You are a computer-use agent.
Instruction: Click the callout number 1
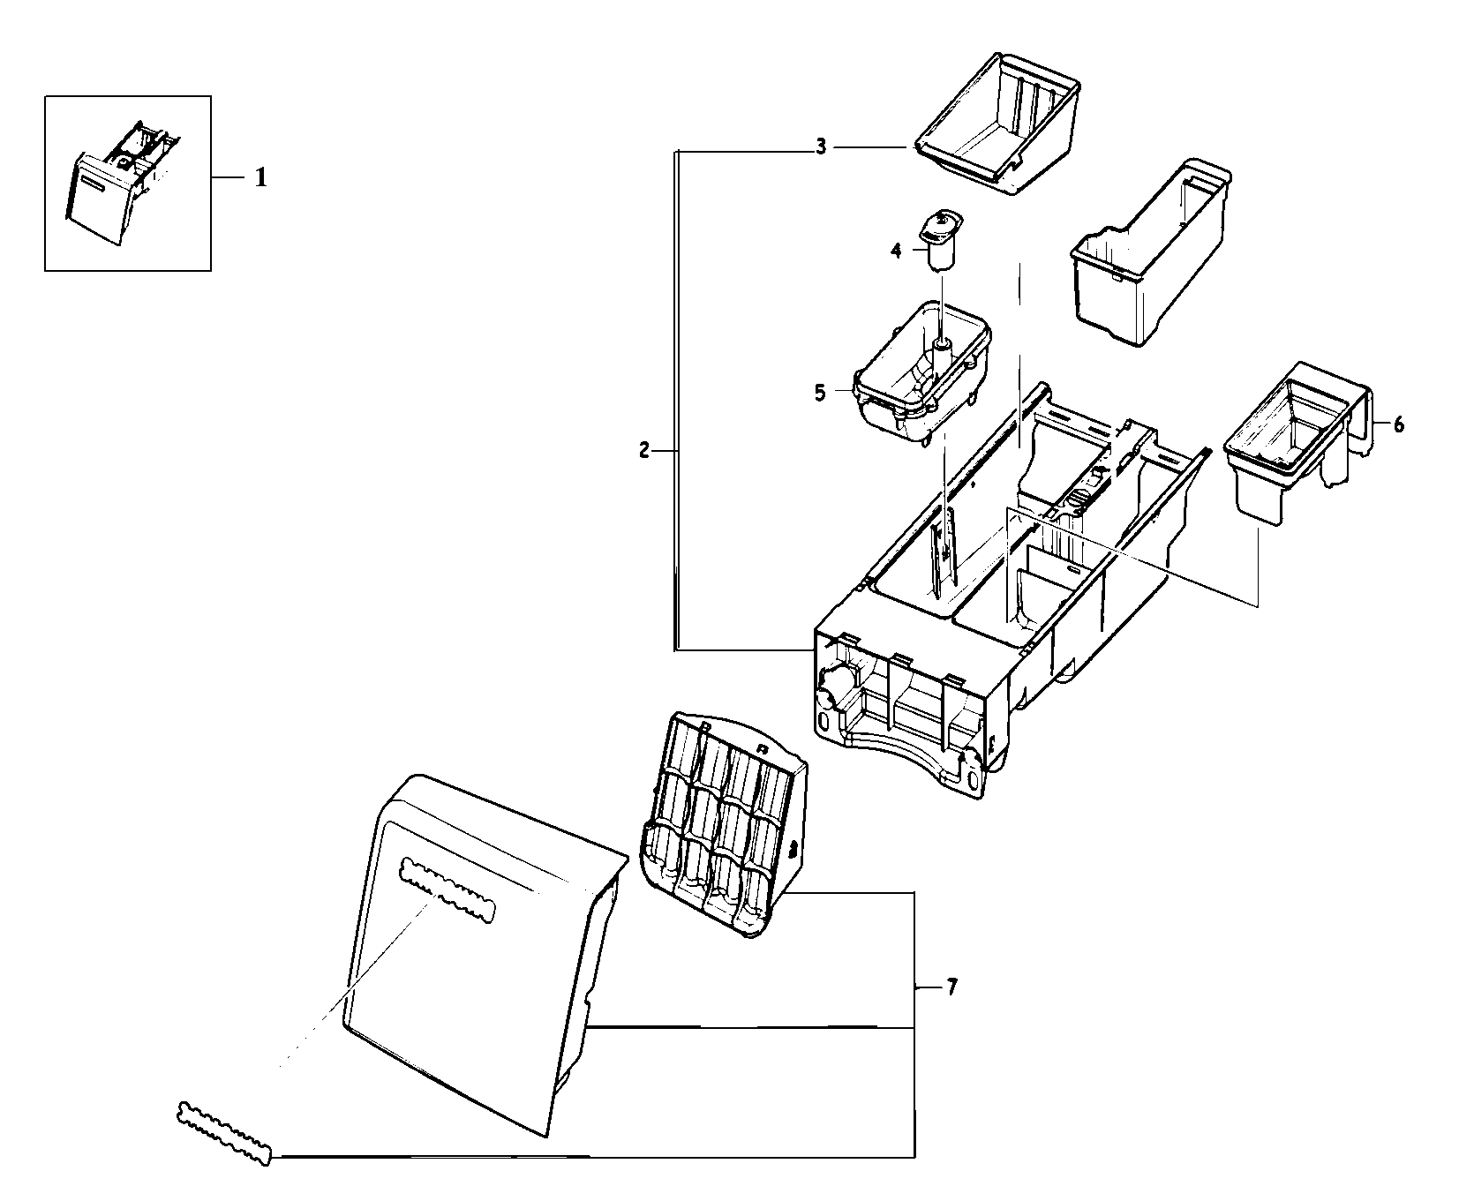click(x=260, y=178)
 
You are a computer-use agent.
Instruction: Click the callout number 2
click(x=644, y=451)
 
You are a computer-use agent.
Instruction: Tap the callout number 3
click(x=820, y=146)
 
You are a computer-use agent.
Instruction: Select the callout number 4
click(x=896, y=251)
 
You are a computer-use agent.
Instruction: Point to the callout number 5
click(x=820, y=393)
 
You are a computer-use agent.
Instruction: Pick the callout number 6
click(x=1399, y=424)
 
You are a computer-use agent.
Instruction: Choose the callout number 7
click(x=951, y=987)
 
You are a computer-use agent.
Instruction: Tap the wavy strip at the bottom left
click(x=225, y=1132)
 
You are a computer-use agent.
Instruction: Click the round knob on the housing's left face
click(x=832, y=687)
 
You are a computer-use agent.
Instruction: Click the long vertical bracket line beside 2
click(x=675, y=397)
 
